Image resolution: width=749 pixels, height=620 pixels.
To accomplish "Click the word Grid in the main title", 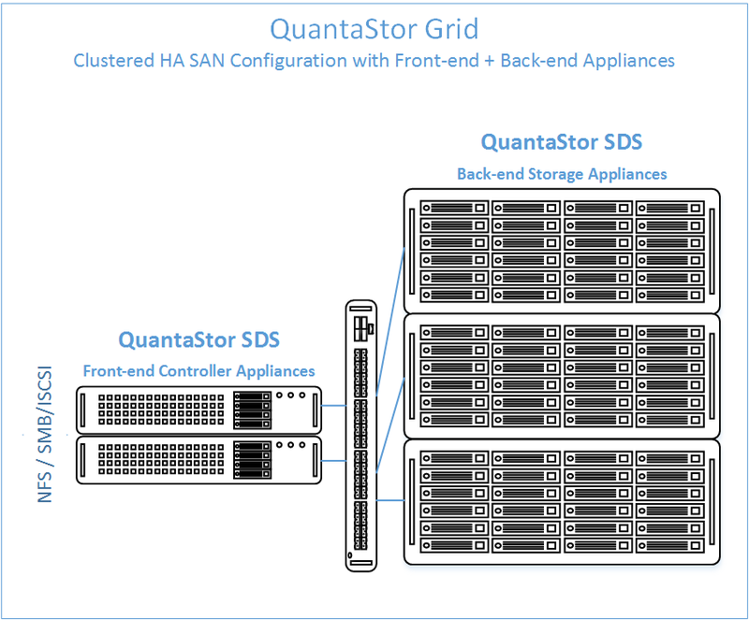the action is click(451, 29).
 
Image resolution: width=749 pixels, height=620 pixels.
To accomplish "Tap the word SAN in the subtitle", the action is click(207, 61).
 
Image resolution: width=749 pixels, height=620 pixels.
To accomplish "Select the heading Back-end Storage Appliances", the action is click(562, 174).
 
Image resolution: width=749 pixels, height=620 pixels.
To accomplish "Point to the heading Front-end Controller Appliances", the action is click(198, 371).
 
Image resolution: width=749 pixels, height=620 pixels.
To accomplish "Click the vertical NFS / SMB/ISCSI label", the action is click(44, 434).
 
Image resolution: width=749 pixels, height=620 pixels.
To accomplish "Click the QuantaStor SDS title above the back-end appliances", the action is click(561, 142).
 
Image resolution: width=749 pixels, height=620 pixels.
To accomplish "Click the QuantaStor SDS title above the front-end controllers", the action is click(198, 339).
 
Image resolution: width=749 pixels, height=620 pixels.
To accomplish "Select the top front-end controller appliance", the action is click(198, 410).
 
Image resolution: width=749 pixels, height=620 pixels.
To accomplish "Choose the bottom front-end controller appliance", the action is click(198, 460).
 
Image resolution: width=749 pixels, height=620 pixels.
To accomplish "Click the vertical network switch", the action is click(361, 435).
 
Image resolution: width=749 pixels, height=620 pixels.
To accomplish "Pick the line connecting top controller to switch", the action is click(334, 406).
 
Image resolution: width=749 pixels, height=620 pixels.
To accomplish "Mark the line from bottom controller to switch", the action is click(334, 461).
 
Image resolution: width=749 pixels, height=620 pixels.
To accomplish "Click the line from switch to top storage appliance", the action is click(390, 322).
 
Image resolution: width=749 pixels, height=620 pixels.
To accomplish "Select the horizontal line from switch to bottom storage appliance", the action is click(390, 500).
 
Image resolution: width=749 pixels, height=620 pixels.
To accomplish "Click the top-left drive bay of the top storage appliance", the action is click(454, 209).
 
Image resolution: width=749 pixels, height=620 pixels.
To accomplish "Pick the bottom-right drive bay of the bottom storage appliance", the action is click(669, 545).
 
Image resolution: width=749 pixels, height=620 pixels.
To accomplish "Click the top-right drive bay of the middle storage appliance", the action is click(669, 333).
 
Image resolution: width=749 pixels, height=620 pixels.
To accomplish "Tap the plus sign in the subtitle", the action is click(489, 62).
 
